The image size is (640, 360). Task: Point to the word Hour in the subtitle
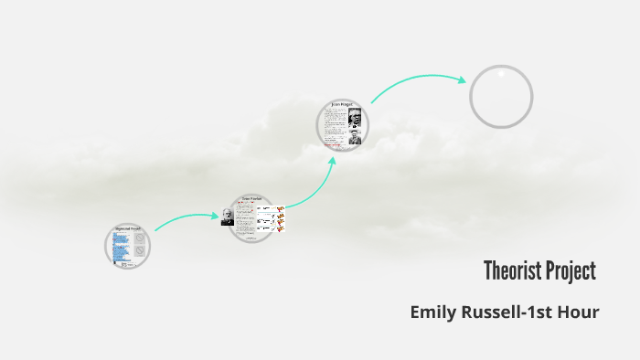coord(581,312)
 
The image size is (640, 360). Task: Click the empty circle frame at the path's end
coord(501,96)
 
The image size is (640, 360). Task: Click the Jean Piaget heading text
coord(343,105)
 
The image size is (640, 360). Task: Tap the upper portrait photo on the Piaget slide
coord(355,117)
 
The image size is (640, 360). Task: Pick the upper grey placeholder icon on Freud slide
coord(139,237)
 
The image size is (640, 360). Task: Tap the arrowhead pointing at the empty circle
coord(461,79)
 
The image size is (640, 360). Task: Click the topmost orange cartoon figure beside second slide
coord(281,209)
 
